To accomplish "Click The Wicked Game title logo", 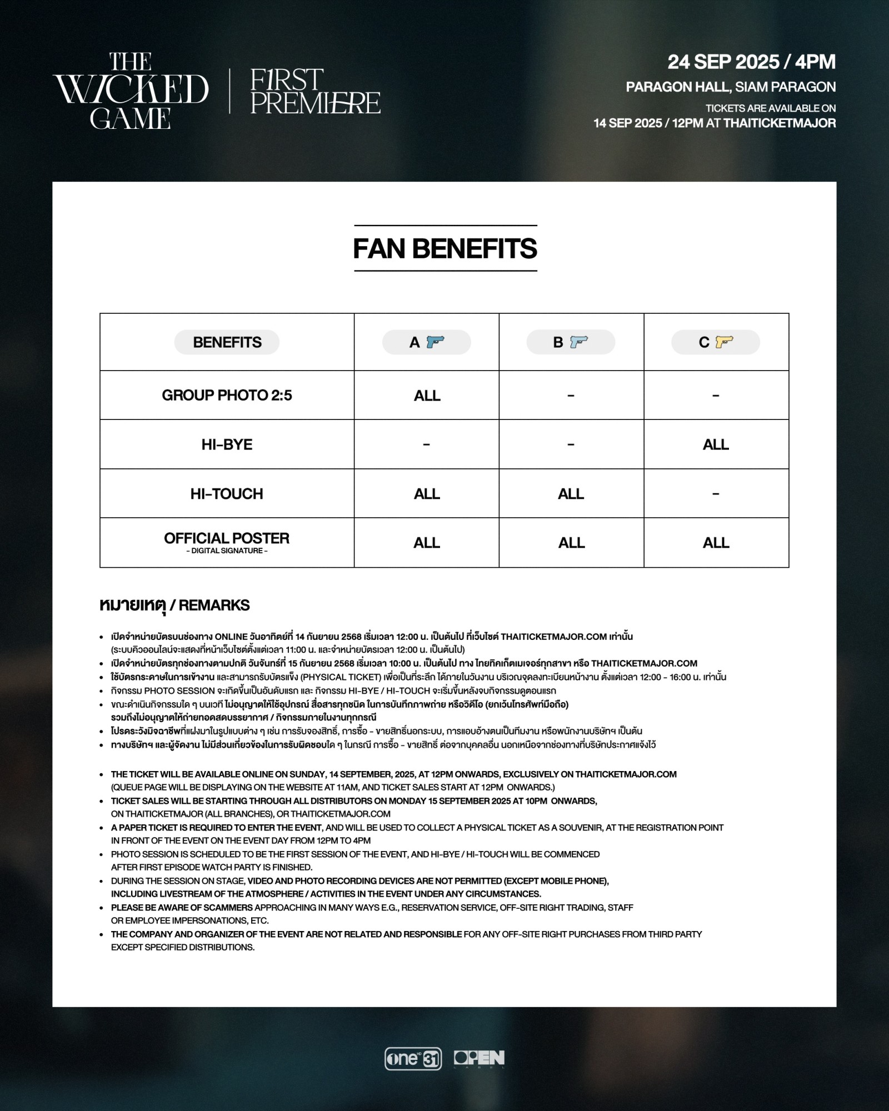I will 131,91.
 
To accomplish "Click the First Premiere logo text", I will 315,92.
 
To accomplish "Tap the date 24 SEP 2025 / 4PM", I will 751,62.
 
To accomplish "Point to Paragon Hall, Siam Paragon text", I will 730,87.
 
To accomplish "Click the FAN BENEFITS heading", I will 445,248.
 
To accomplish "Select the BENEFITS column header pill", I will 227,342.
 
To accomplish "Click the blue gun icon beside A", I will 435,342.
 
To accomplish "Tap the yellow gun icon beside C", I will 724,342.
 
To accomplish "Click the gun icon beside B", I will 579,342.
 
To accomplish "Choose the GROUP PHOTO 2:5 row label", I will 227,395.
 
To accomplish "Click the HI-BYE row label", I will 227,444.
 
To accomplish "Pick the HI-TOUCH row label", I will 227,493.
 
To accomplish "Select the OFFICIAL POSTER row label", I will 227,539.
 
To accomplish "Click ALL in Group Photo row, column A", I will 427,396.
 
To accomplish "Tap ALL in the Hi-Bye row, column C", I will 716,444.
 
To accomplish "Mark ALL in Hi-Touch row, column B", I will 571,494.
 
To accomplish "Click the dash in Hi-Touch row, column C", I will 716,493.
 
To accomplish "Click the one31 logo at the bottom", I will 413,1059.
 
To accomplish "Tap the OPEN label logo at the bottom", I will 479,1059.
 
